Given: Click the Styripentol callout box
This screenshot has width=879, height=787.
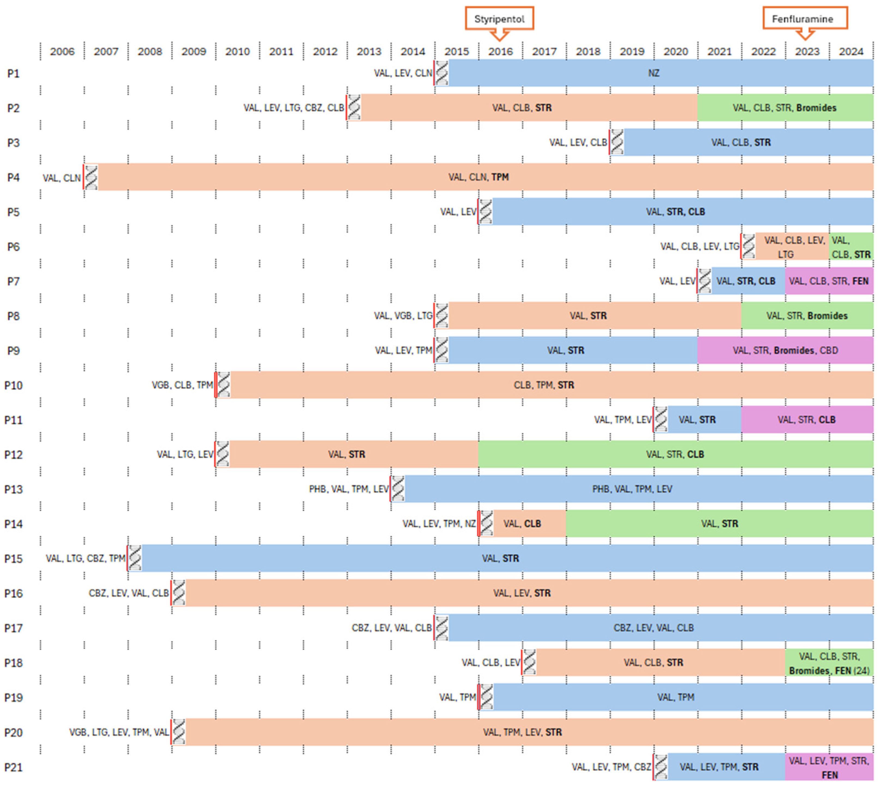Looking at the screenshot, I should (499, 19).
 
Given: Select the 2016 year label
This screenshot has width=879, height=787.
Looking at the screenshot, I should (500, 52).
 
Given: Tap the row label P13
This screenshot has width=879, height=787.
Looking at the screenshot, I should (13, 489).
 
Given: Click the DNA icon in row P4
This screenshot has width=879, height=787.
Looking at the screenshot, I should (91, 177).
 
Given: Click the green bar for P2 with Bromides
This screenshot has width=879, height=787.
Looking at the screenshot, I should (784, 108).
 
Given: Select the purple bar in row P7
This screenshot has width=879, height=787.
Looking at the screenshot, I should (829, 281).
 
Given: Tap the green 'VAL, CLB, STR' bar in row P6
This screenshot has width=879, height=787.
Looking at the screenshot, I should (850, 247).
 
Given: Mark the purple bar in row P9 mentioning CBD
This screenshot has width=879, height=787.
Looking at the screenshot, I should (784, 350).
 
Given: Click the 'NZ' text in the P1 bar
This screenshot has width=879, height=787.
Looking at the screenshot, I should (653, 73).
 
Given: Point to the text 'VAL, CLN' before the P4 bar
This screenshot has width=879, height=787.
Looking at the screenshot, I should (61, 178).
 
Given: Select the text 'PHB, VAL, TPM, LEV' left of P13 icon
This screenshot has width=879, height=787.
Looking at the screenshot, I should (348, 489).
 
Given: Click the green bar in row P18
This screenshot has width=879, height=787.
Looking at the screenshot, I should (829, 663).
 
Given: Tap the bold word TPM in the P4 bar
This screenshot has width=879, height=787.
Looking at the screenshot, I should (500, 177).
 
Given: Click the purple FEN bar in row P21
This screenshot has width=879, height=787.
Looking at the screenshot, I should (829, 767).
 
